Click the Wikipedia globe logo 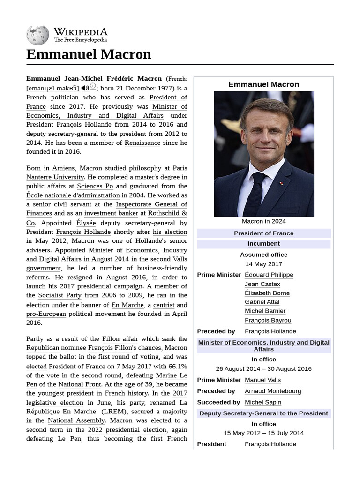click(37, 35)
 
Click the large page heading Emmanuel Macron click(89, 54)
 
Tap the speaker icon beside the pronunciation click(85, 88)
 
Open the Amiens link click(63, 168)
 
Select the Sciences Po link click(95, 186)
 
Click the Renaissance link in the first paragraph click(142, 142)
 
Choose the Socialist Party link click(60, 295)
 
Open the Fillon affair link click(120, 338)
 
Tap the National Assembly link click(76, 420)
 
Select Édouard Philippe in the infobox click(269, 275)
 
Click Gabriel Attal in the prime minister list click(262, 302)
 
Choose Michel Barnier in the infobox click(265, 311)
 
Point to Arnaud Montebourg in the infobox click(273, 391)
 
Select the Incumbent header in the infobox click(263, 244)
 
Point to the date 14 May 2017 click(263, 264)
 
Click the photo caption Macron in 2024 click(263, 221)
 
